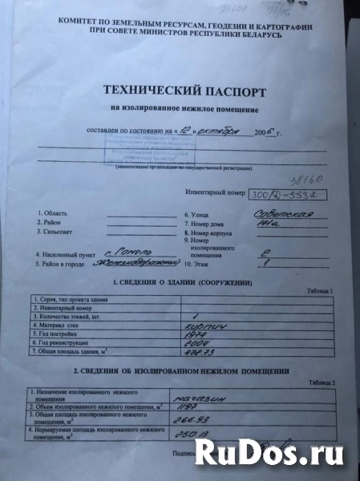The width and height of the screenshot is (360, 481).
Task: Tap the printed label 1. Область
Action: click(x=53, y=214)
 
